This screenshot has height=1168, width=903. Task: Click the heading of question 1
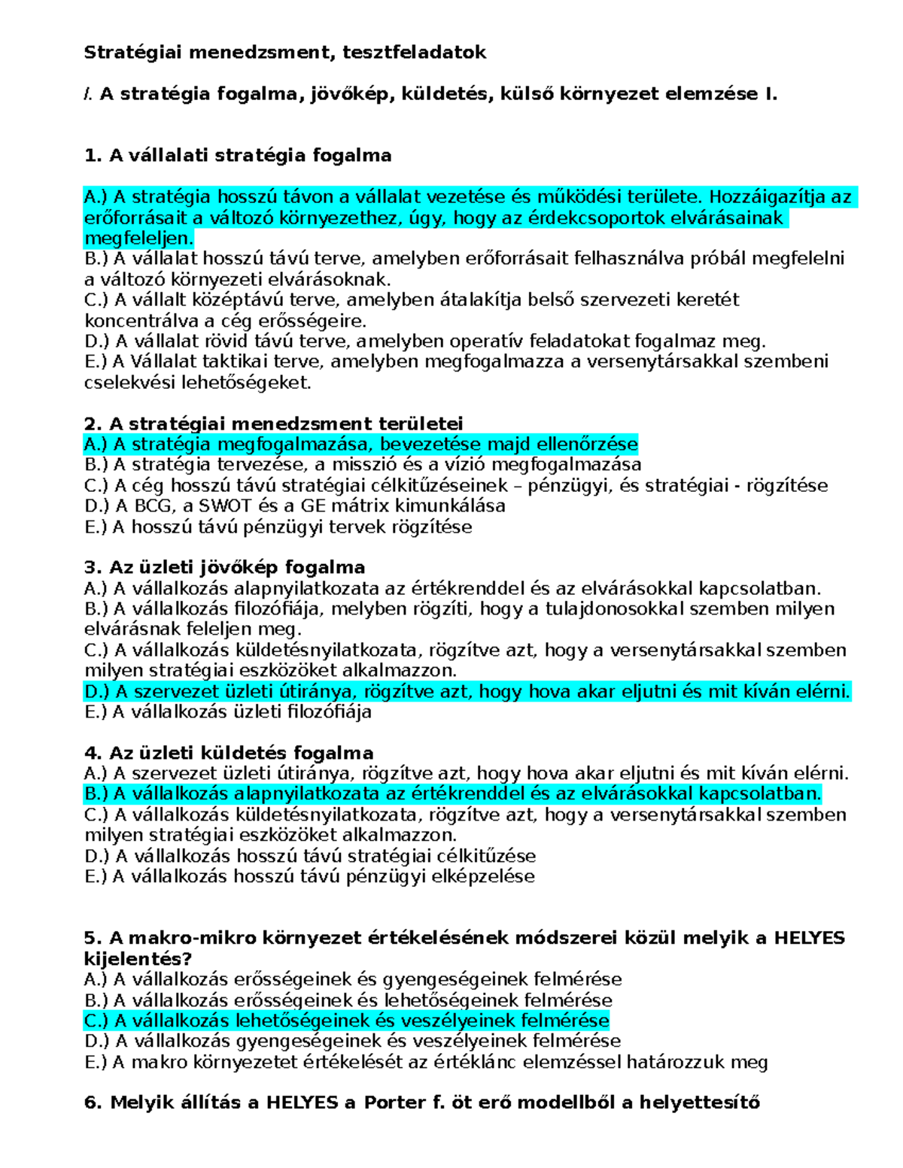pos(238,156)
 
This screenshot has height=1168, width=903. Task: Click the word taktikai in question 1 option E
pos(239,362)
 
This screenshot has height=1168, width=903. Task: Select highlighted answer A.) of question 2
pos(360,444)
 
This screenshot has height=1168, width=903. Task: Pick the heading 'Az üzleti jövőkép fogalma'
pos(225,568)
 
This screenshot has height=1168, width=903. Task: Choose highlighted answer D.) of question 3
pos(467,691)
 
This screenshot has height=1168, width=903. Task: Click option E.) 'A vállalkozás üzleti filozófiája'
pos(228,712)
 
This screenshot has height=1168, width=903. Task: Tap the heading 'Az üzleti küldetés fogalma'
pos(229,754)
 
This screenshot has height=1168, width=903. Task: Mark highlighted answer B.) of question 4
pos(451,794)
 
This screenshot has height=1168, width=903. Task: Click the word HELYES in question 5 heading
pos(809,938)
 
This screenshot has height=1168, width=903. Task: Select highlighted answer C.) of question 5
pos(346,1021)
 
